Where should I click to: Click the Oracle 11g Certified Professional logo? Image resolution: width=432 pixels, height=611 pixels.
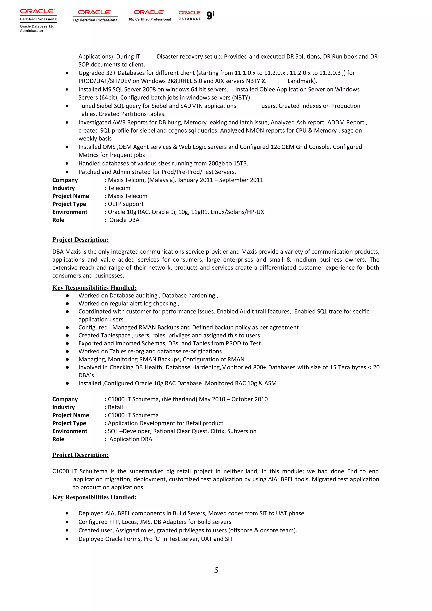pyautogui.click(x=95, y=16)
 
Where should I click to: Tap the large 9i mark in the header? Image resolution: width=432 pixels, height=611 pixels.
pyautogui.click(x=210, y=15)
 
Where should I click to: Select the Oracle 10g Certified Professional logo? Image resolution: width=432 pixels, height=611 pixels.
pyautogui.click(x=149, y=15)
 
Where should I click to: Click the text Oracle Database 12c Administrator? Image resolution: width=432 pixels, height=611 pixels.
pyautogui.click(x=37, y=28)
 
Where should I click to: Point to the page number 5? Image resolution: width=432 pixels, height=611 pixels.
pyautogui.click(x=216, y=570)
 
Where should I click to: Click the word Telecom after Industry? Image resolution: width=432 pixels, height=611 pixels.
pyautogui.click(x=119, y=188)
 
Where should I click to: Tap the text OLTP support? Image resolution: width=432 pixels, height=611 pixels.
pyautogui.click(x=126, y=204)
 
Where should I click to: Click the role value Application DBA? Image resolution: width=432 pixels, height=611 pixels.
pyautogui.click(x=131, y=439)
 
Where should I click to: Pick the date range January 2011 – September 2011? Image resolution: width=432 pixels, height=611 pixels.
pyautogui.click(x=220, y=180)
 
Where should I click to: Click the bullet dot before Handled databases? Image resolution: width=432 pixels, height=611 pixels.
pyautogui.click(x=67, y=164)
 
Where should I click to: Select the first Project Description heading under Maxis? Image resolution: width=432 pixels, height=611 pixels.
pyautogui.click(x=80, y=240)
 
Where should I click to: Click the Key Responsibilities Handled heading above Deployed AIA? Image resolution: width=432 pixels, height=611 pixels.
pyautogui.click(x=94, y=497)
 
